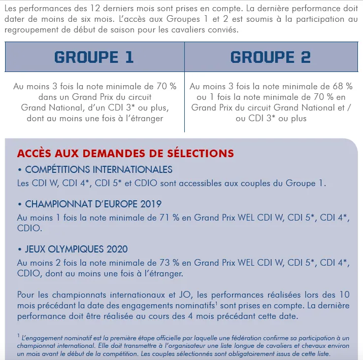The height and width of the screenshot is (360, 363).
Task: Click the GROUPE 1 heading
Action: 94,57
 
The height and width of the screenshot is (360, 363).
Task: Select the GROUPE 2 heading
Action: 270,57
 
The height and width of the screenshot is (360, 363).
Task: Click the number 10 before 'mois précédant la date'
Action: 344,295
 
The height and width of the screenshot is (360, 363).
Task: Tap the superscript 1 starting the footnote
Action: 18,336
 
